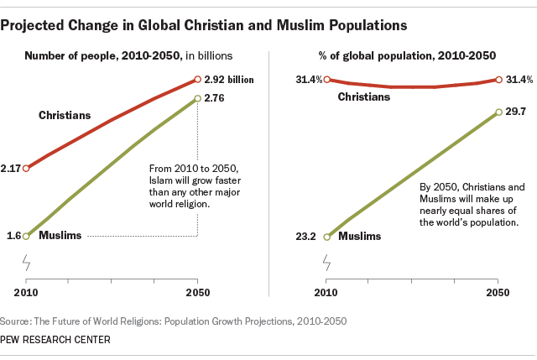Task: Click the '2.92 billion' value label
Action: point(229,80)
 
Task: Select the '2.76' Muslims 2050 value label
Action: point(216,98)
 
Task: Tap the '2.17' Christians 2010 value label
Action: point(12,168)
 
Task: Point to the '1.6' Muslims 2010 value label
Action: point(14,236)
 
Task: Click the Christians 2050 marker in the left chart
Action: point(197,80)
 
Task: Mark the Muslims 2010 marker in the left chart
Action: point(26,236)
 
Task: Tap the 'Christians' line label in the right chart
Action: point(364,97)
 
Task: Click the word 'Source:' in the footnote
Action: point(18,321)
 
